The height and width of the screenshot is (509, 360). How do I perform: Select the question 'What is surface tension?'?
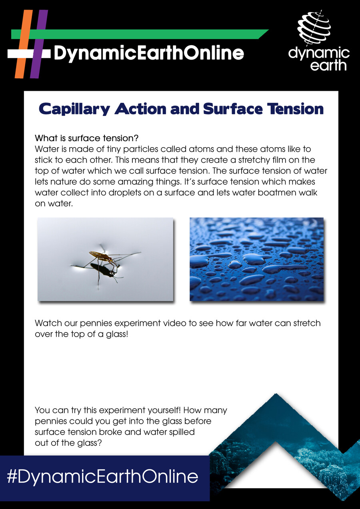pos(87,139)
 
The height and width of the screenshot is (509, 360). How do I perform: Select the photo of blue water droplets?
pos(256,259)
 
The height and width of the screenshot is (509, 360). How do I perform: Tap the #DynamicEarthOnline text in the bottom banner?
pos(103,477)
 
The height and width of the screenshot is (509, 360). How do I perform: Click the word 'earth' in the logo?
pos(329,65)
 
